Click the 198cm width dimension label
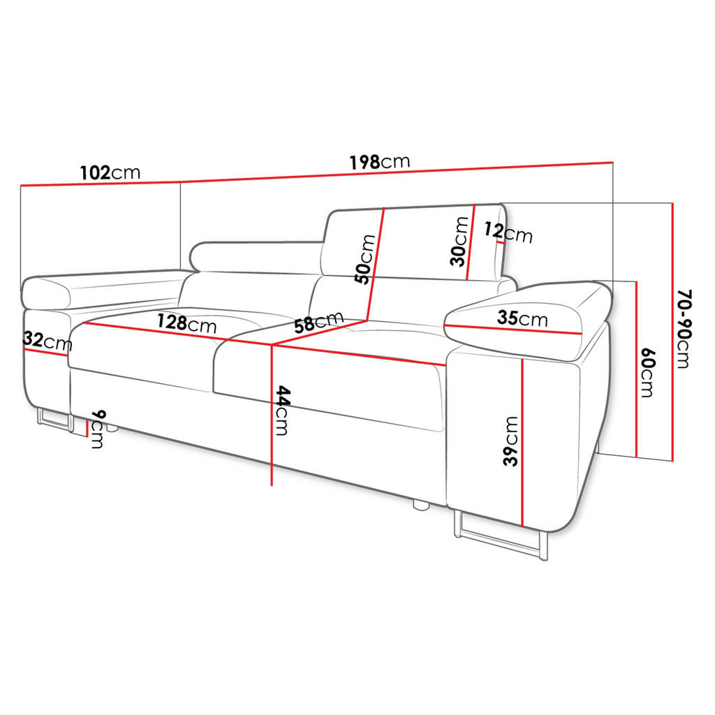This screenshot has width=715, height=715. pyautogui.click(x=380, y=162)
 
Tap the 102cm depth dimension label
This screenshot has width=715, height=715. pyautogui.click(x=110, y=173)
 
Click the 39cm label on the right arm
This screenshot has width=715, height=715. pyautogui.click(x=511, y=441)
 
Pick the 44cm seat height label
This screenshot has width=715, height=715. pyautogui.click(x=282, y=411)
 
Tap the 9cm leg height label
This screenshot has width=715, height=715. pyautogui.click(x=98, y=429)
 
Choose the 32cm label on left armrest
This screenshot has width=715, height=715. pyautogui.click(x=47, y=341)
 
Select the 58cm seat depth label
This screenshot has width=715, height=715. pyautogui.click(x=318, y=322)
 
